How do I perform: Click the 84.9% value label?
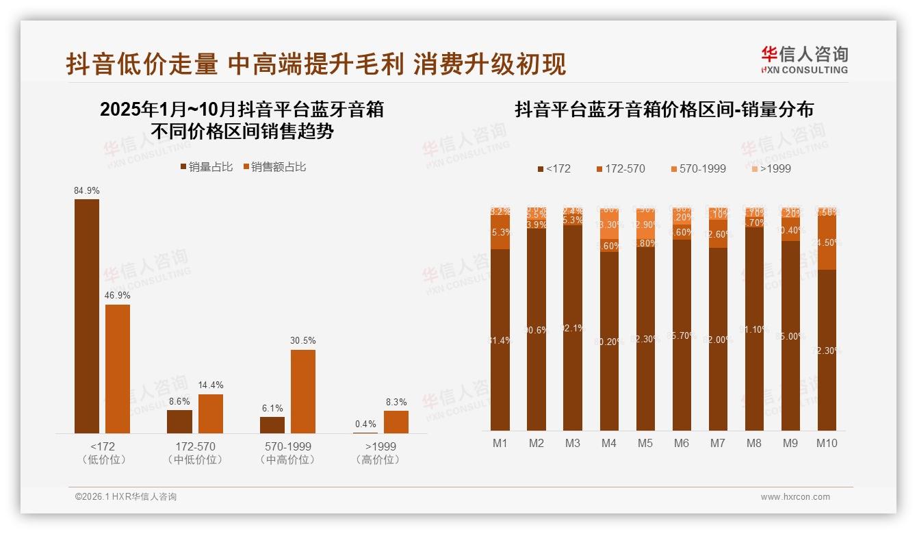coord(87,190)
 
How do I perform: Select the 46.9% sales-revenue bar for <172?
coord(118,368)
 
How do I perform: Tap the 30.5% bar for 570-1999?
coord(303,391)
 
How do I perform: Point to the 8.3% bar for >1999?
coord(396,422)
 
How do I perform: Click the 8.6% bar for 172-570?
coord(180,421)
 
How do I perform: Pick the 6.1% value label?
coord(272,408)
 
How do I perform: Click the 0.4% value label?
coord(365,424)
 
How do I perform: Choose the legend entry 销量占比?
coord(206,166)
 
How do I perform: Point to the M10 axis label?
coord(827,443)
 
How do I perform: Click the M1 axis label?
coord(500,443)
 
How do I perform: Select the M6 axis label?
coord(681,443)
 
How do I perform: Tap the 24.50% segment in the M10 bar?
coord(827,242)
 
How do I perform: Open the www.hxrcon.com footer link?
coord(795,497)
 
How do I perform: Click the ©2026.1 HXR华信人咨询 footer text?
coord(126,497)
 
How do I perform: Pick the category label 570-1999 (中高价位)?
coord(288,453)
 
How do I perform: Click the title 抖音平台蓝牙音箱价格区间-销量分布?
coord(664,110)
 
